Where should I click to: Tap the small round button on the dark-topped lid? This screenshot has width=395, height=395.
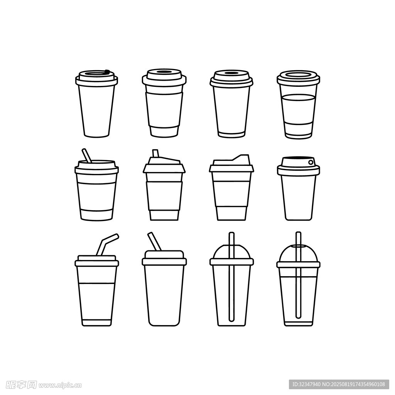pyautogui.click(x=311, y=162)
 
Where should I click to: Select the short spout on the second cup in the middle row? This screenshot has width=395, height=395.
pyautogui.click(x=155, y=153)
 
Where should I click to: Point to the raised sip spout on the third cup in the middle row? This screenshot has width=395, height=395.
pyautogui.click(x=242, y=158)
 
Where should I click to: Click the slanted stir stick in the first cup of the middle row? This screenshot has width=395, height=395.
pyautogui.click(x=87, y=155)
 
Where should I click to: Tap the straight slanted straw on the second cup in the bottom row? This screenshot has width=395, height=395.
pyautogui.click(x=154, y=241)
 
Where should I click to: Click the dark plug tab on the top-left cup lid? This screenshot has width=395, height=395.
pyautogui.click(x=107, y=71)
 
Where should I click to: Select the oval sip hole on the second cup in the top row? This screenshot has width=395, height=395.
pyautogui.click(x=164, y=72)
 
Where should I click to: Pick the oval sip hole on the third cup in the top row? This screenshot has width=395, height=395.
pyautogui.click(x=231, y=73)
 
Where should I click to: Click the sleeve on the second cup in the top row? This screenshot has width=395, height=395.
pyautogui.click(x=164, y=110)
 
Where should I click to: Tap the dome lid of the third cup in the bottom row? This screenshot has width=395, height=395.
pyautogui.click(x=231, y=252)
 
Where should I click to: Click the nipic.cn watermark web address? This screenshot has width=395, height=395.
pyautogui.click(x=60, y=385)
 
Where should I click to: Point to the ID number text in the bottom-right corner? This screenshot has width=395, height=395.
pyautogui.click(x=339, y=385)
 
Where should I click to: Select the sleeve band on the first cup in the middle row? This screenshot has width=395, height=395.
pyautogui.click(x=96, y=196)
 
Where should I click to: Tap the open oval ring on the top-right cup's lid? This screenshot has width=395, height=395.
pyautogui.click(x=298, y=75)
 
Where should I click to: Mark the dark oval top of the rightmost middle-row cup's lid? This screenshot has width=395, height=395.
pyautogui.click(x=298, y=158)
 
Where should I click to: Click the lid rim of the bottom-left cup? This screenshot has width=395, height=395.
pyautogui.click(x=97, y=263)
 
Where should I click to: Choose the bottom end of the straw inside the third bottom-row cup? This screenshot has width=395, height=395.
pyautogui.click(x=231, y=321)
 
